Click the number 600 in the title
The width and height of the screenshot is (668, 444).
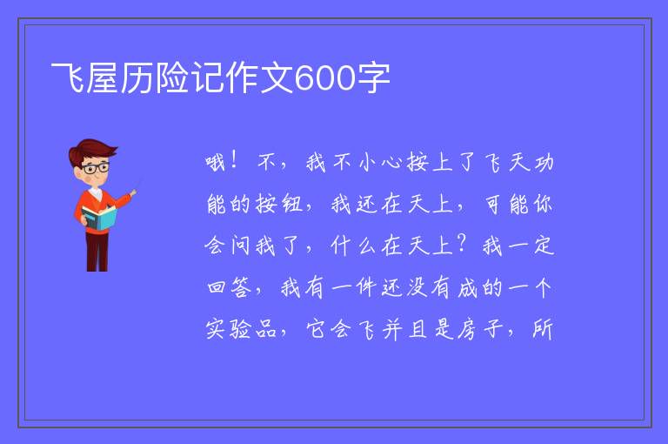[x=325, y=78]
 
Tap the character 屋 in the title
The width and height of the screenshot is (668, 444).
[x=103, y=78]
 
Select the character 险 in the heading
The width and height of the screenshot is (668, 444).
[x=172, y=78]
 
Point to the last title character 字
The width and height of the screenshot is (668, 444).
[x=373, y=78]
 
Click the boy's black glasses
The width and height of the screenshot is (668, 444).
[x=96, y=168]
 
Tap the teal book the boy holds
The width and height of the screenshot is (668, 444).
[x=99, y=218]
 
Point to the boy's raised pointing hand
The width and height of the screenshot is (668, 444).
[x=133, y=193]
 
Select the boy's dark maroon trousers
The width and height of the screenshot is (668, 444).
[x=97, y=252]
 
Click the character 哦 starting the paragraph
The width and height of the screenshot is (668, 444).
[x=216, y=163]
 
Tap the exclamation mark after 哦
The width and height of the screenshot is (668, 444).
[x=234, y=161]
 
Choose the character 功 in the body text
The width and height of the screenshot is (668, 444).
[x=543, y=163]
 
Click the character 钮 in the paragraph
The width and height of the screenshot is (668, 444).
[x=292, y=204]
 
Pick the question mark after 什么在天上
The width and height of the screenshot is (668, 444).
[x=462, y=244]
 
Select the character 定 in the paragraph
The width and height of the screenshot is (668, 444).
[x=544, y=246]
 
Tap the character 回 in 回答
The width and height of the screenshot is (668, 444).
[x=217, y=287]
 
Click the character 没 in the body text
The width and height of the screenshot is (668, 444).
[x=417, y=287]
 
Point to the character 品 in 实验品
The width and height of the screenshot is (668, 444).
[x=266, y=329]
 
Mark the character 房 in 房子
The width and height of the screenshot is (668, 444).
[x=468, y=329]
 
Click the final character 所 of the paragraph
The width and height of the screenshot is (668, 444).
[x=543, y=329]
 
